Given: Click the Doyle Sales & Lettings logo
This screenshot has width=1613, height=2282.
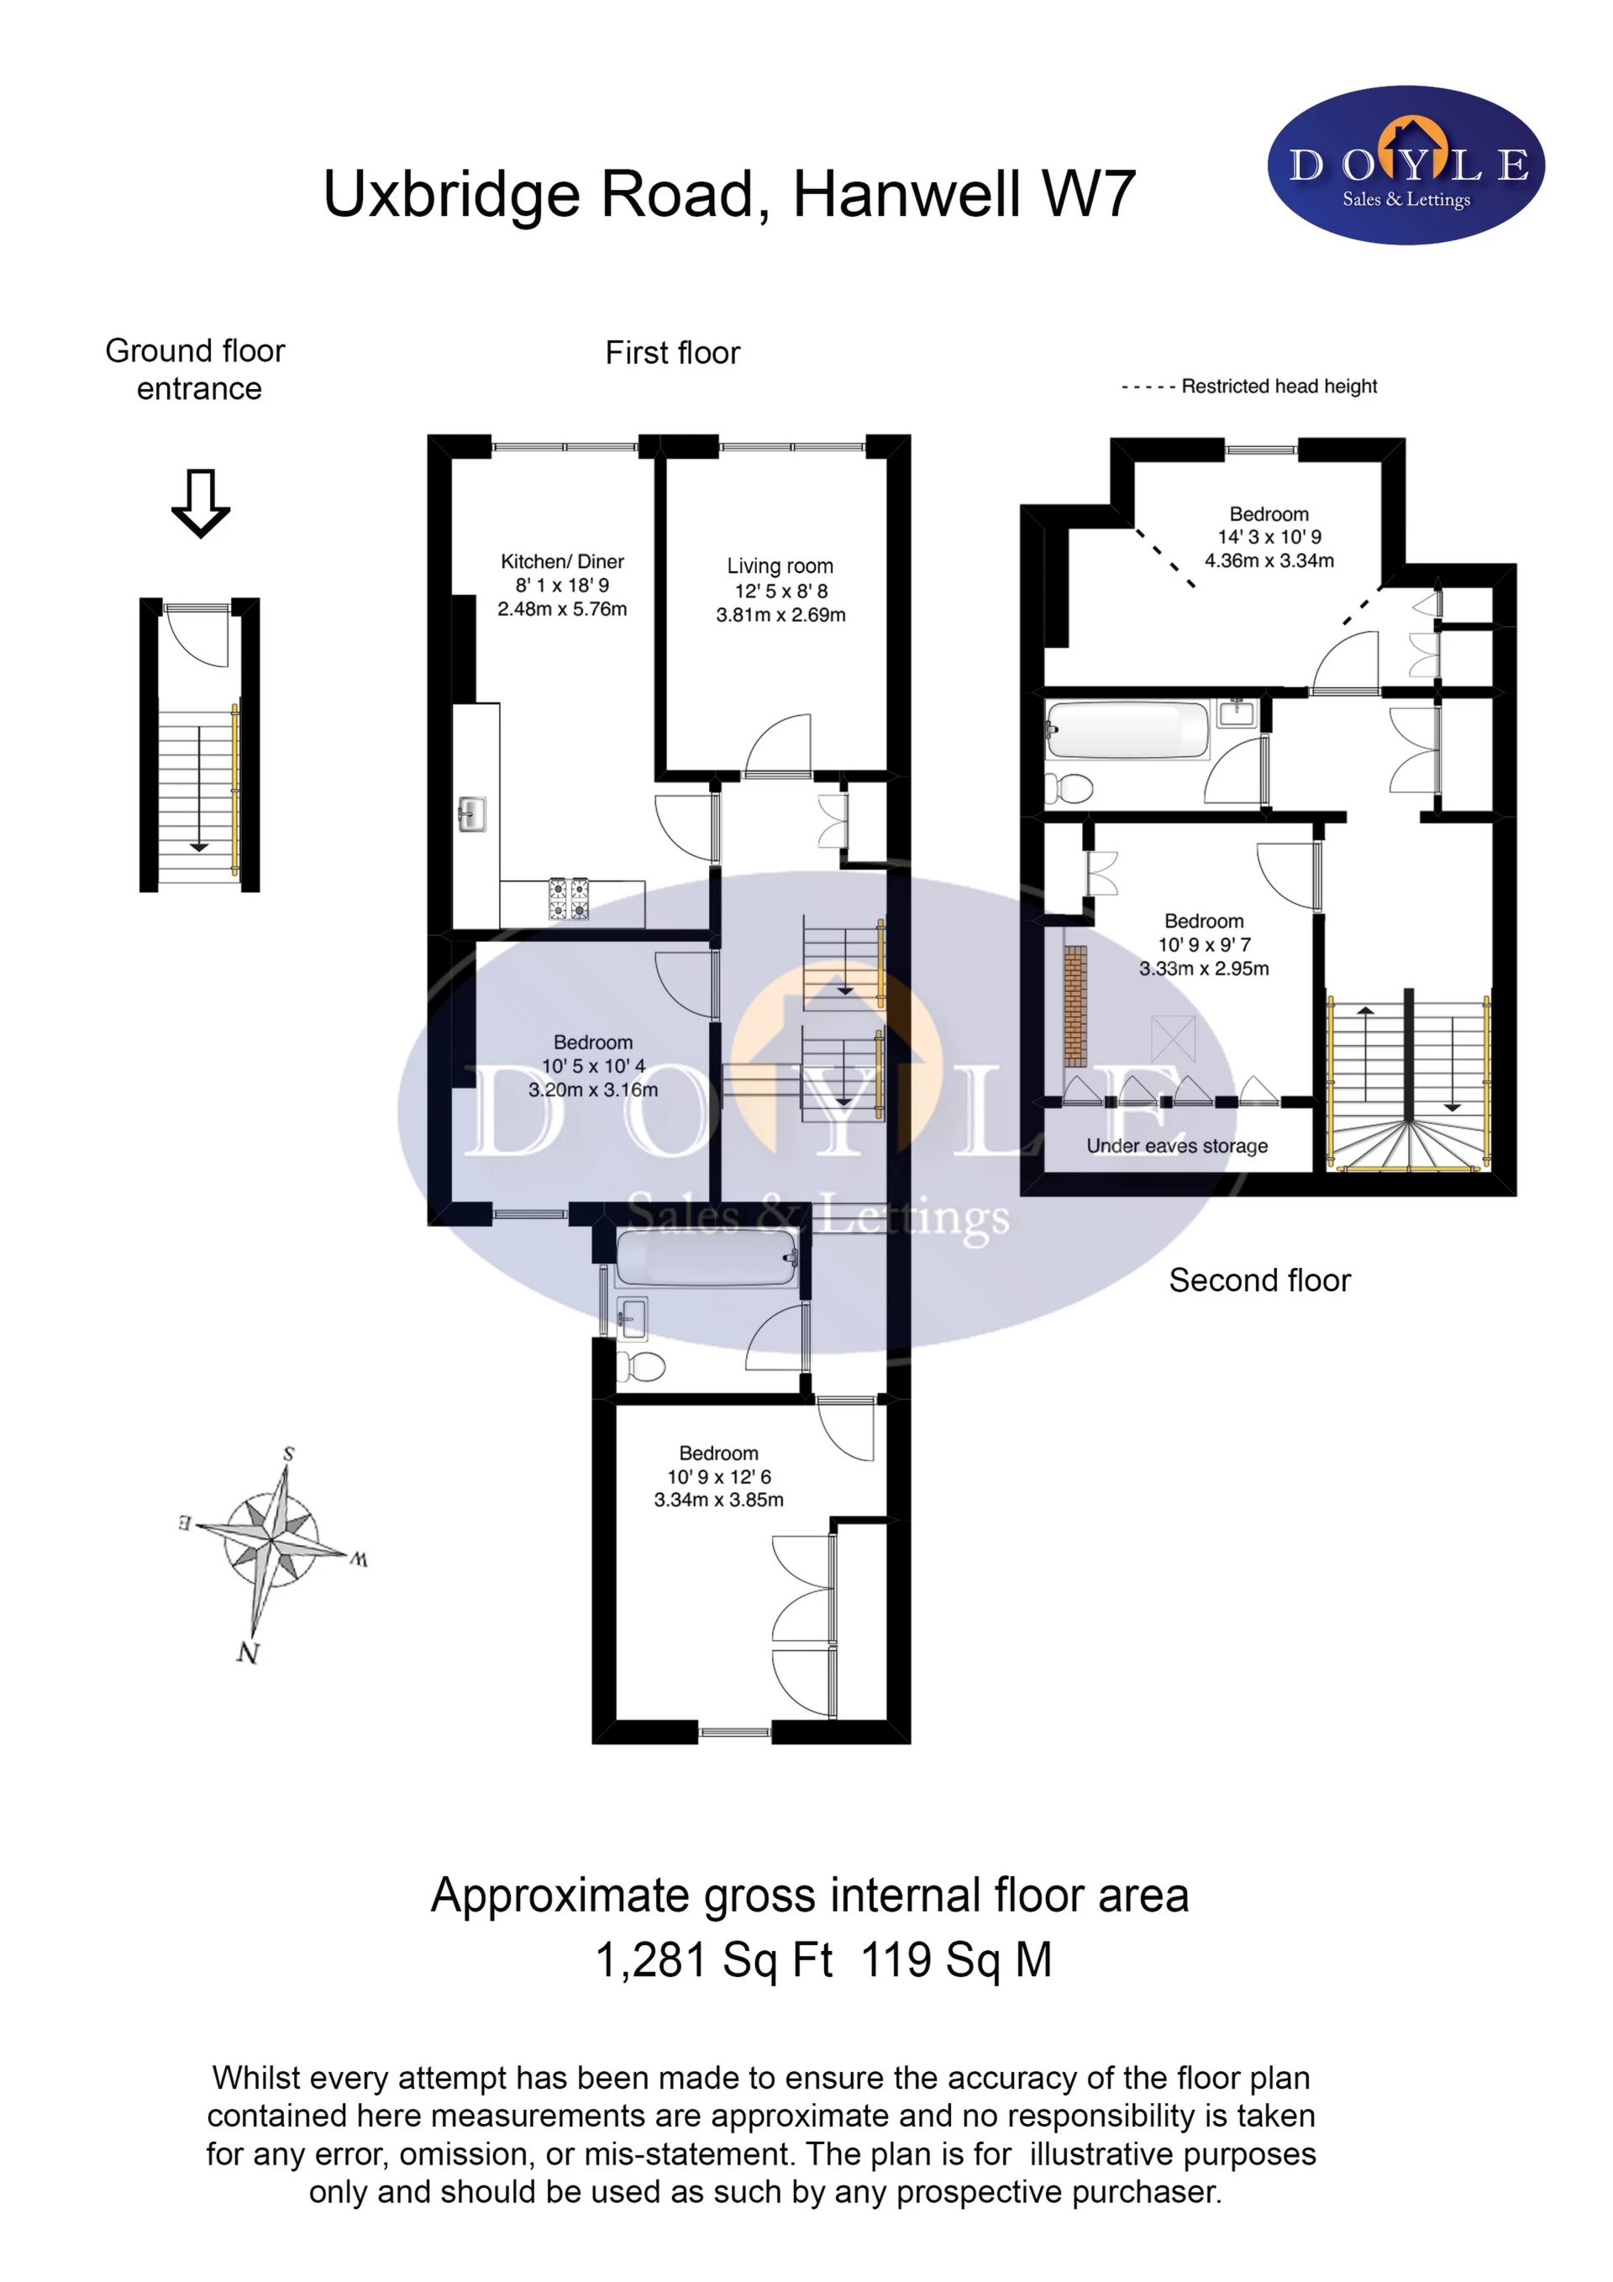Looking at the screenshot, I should pos(1405,165).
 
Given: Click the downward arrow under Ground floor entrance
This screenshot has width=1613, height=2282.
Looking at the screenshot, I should pos(201,503).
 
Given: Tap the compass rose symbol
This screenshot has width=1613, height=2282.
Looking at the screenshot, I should pos(271,1542).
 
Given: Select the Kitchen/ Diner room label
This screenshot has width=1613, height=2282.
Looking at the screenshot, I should pos(563,561).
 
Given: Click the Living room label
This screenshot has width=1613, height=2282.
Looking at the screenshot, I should pos(780,566).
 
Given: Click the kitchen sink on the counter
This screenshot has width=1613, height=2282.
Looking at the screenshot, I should pos(471,815).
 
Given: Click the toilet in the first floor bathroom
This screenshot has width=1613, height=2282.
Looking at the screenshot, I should pos(641,1368).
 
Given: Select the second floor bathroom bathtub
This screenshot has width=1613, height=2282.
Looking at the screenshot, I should pos(1127,730).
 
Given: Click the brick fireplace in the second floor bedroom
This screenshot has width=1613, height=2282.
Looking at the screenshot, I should pos(1075,1006).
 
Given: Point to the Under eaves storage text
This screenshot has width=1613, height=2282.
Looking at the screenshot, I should pos(1177,1146).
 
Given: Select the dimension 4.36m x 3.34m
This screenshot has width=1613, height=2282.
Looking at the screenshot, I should pos(1269,560).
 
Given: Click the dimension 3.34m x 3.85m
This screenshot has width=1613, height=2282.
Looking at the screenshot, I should pos(718,1500).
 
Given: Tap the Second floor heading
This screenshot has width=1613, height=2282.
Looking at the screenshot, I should pos(1259,1280).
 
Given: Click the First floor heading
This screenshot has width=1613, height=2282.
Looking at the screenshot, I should pos(673,353).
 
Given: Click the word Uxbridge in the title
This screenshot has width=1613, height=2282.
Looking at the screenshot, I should pos(452,195).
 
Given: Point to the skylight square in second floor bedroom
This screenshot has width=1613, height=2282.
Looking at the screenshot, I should pos(1173,1038).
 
